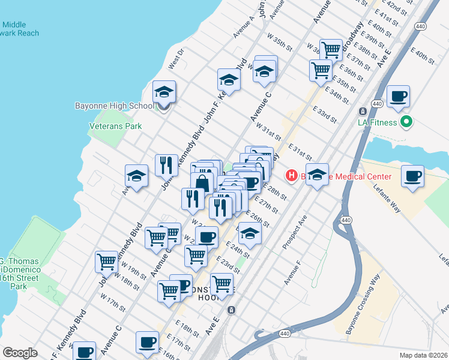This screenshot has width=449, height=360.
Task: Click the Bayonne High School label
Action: [114, 106]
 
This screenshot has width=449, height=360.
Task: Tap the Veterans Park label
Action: [115, 127]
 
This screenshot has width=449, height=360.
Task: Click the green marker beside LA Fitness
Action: [406, 122]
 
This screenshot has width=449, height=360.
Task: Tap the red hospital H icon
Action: [292, 176]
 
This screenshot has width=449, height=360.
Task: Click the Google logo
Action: [20, 353]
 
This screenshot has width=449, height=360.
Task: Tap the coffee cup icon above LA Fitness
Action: [398, 96]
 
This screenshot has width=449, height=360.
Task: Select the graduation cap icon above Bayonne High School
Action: [164, 92]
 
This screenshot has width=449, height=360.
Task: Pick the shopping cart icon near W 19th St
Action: [106, 262]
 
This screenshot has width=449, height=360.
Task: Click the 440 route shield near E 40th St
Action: [421, 27]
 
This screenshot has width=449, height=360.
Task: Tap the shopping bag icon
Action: [202, 182]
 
